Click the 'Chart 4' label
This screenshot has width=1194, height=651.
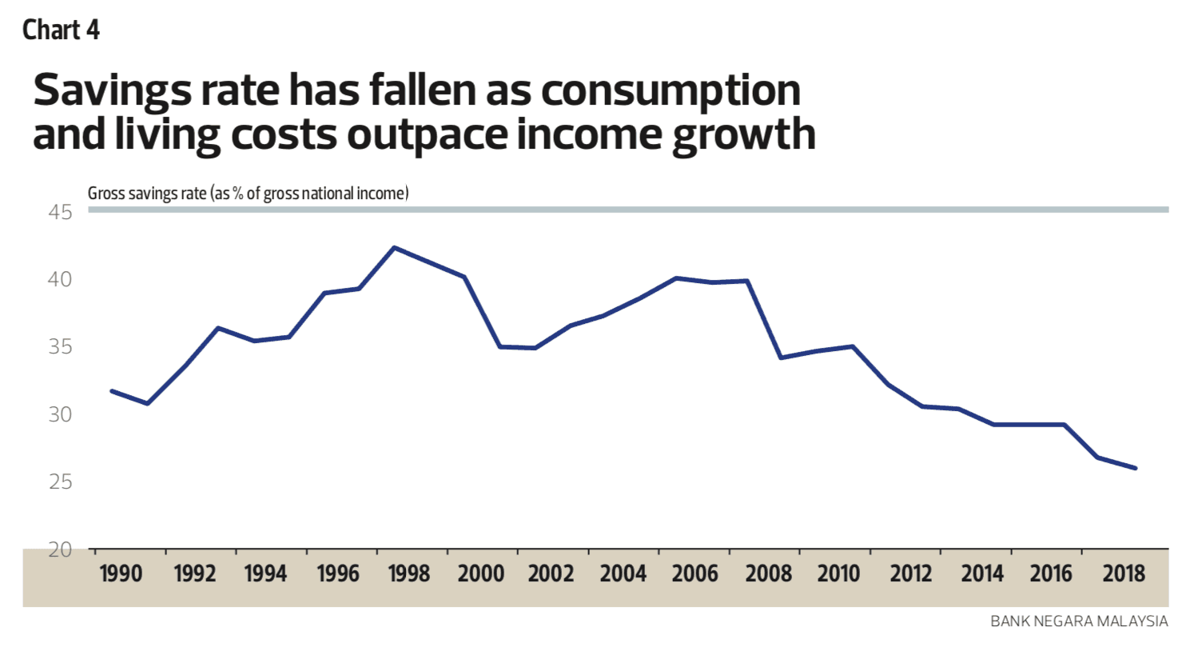click(x=61, y=30)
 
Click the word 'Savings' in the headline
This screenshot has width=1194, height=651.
click(x=107, y=90)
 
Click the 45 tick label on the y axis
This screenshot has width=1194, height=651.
click(x=60, y=212)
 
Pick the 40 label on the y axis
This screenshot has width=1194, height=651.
click(x=60, y=279)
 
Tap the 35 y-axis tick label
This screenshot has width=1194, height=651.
click(x=60, y=346)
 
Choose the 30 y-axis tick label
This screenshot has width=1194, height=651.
click(x=60, y=414)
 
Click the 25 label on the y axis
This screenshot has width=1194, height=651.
click(x=60, y=481)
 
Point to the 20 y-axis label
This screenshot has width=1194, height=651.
click(x=60, y=549)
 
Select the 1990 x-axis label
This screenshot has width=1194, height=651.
click(x=121, y=573)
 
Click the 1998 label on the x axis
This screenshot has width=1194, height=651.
click(x=408, y=573)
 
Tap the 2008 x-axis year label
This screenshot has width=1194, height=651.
click(x=768, y=573)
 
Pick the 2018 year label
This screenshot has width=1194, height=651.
click(x=1124, y=573)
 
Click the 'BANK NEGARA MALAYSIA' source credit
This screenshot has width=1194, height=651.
click(x=1079, y=621)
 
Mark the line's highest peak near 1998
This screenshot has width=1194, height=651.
click(x=394, y=248)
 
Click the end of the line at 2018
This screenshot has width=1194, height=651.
click(x=1135, y=468)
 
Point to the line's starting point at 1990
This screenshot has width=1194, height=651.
click(x=112, y=391)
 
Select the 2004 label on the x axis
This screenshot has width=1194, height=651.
click(x=623, y=573)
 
